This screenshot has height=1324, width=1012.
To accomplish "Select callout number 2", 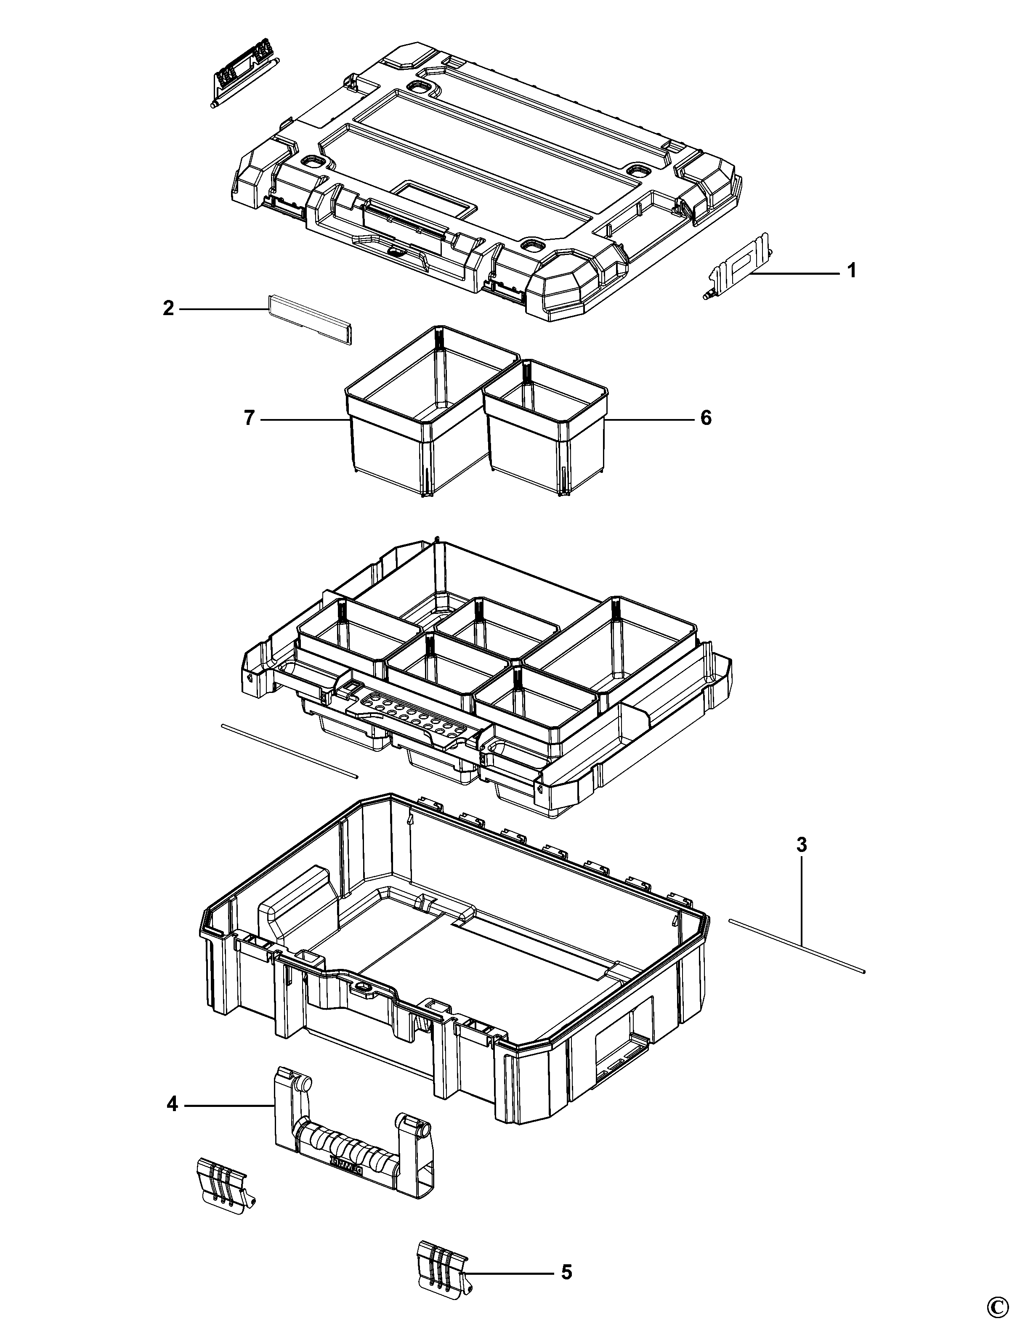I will pyautogui.click(x=168, y=308).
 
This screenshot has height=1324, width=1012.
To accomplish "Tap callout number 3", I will pyautogui.click(x=801, y=845).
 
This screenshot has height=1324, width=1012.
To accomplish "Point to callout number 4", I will pyautogui.click(x=172, y=1105).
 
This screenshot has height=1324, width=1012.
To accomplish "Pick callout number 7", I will pyautogui.click(x=250, y=417).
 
